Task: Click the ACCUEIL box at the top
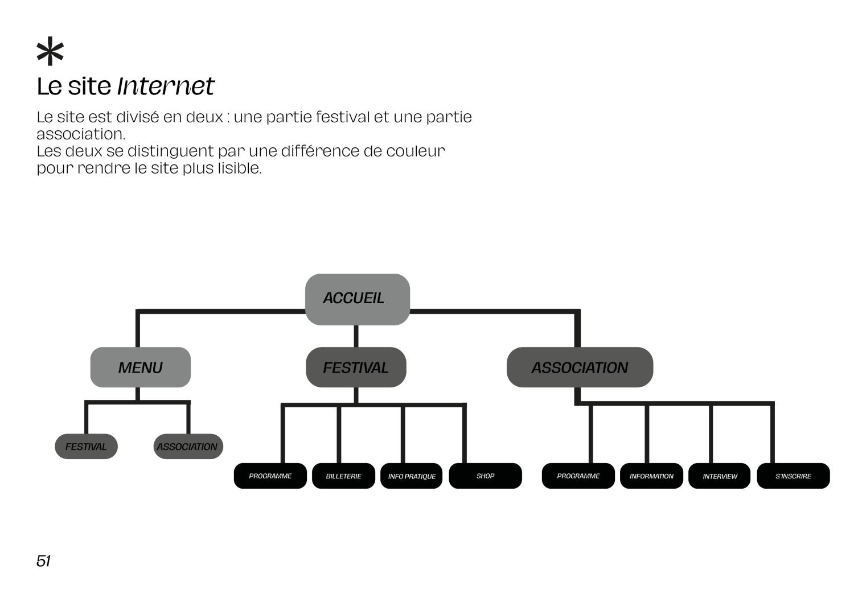point(357,299)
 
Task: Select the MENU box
point(140,367)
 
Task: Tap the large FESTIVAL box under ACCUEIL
point(356,367)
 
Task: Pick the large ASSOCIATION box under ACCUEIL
point(580,367)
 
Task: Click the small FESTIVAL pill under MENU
point(86,446)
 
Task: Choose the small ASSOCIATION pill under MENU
point(188,446)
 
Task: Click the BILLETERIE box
point(343,476)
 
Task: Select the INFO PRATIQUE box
point(411,476)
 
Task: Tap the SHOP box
point(485,476)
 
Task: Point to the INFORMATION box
point(651,476)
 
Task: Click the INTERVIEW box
point(719,476)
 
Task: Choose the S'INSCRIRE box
point(793,476)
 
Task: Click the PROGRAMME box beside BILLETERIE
point(270,476)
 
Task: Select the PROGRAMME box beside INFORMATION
point(578,476)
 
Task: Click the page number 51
point(43,561)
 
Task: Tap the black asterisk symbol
point(50,51)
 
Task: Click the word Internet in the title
point(166,86)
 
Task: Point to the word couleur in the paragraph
point(416,151)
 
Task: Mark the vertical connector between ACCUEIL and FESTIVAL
point(356,336)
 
